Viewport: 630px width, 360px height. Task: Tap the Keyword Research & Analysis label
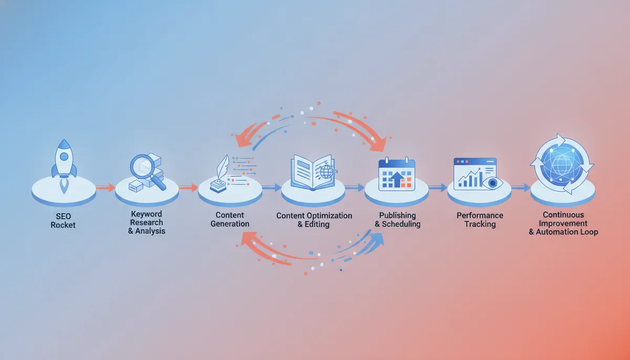(x=146, y=223)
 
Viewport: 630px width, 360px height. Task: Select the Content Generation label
(x=229, y=219)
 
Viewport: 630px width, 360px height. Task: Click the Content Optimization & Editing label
(x=314, y=220)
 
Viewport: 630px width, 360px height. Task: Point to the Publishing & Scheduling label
(x=397, y=219)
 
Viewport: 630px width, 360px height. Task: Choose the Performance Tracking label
(x=480, y=219)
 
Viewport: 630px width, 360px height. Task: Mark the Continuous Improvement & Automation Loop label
(x=563, y=223)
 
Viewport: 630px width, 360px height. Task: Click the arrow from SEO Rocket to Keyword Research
(x=105, y=187)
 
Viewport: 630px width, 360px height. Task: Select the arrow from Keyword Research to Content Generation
(x=188, y=187)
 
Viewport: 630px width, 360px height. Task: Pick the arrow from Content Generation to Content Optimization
(x=271, y=187)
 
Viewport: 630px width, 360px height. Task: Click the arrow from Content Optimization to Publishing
(x=354, y=187)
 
